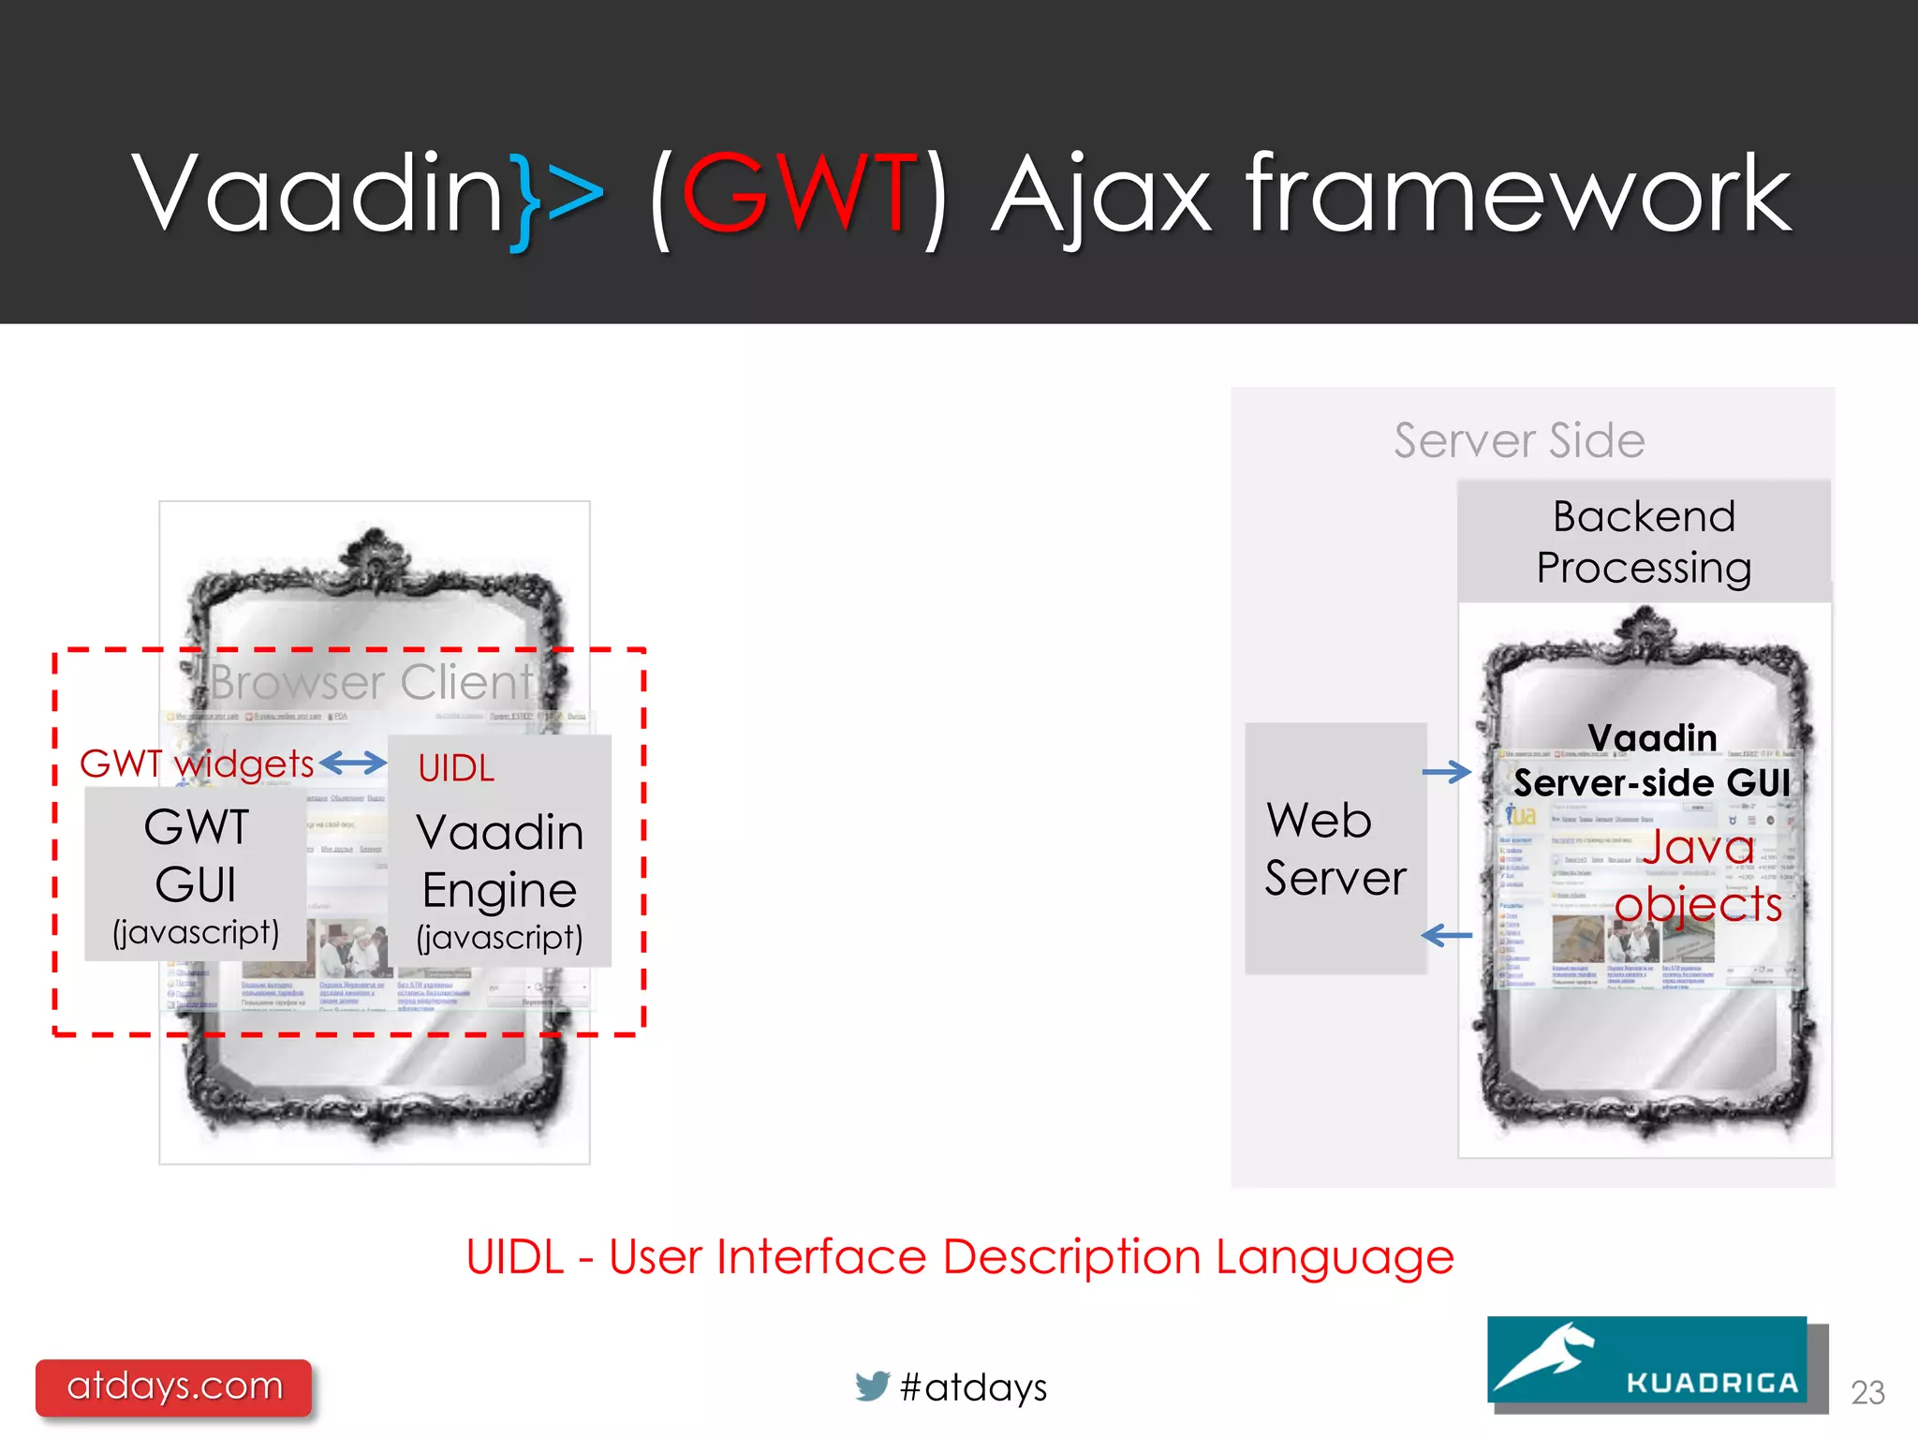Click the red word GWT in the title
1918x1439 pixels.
799,194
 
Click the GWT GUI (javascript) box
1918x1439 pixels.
196,874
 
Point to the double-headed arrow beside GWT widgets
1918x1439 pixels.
353,764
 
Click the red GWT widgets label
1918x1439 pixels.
197,764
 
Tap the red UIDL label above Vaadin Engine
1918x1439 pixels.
456,768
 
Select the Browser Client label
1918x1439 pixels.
371,682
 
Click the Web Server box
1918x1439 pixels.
1335,849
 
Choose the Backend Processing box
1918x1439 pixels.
1644,541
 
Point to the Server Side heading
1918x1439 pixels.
1518,440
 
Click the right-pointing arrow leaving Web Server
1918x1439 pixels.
1446,772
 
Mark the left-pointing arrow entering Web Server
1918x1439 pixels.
1446,934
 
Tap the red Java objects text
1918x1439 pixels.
1698,875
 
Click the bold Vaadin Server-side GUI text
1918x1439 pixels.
1652,761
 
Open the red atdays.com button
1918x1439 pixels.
174,1386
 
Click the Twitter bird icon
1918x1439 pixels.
872,1386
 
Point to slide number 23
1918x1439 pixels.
1867,1392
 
